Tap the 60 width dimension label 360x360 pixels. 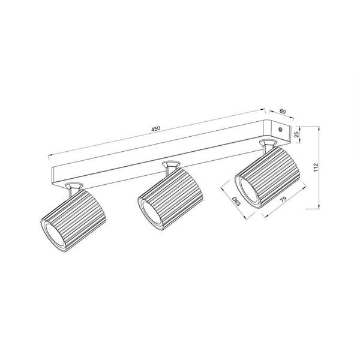point(281,111)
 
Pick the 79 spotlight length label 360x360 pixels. point(281,200)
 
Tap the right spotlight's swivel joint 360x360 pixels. point(268,144)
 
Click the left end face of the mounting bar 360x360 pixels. point(53,175)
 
